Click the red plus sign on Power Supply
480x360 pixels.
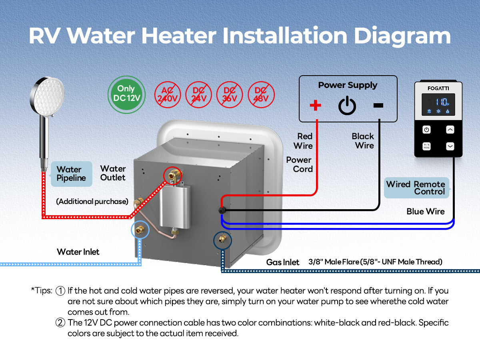(x=316, y=105)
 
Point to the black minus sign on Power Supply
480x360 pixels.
(x=378, y=105)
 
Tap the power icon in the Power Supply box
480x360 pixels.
(x=347, y=105)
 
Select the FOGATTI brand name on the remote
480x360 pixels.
(x=438, y=88)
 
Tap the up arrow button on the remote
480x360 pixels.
(x=450, y=130)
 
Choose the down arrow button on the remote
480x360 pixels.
(x=450, y=146)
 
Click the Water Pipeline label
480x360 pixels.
(x=71, y=174)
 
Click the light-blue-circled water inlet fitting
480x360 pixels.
(x=140, y=230)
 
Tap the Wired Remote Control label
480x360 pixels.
(x=416, y=188)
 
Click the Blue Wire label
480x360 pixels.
(x=426, y=212)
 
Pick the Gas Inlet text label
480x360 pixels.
(x=283, y=262)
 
